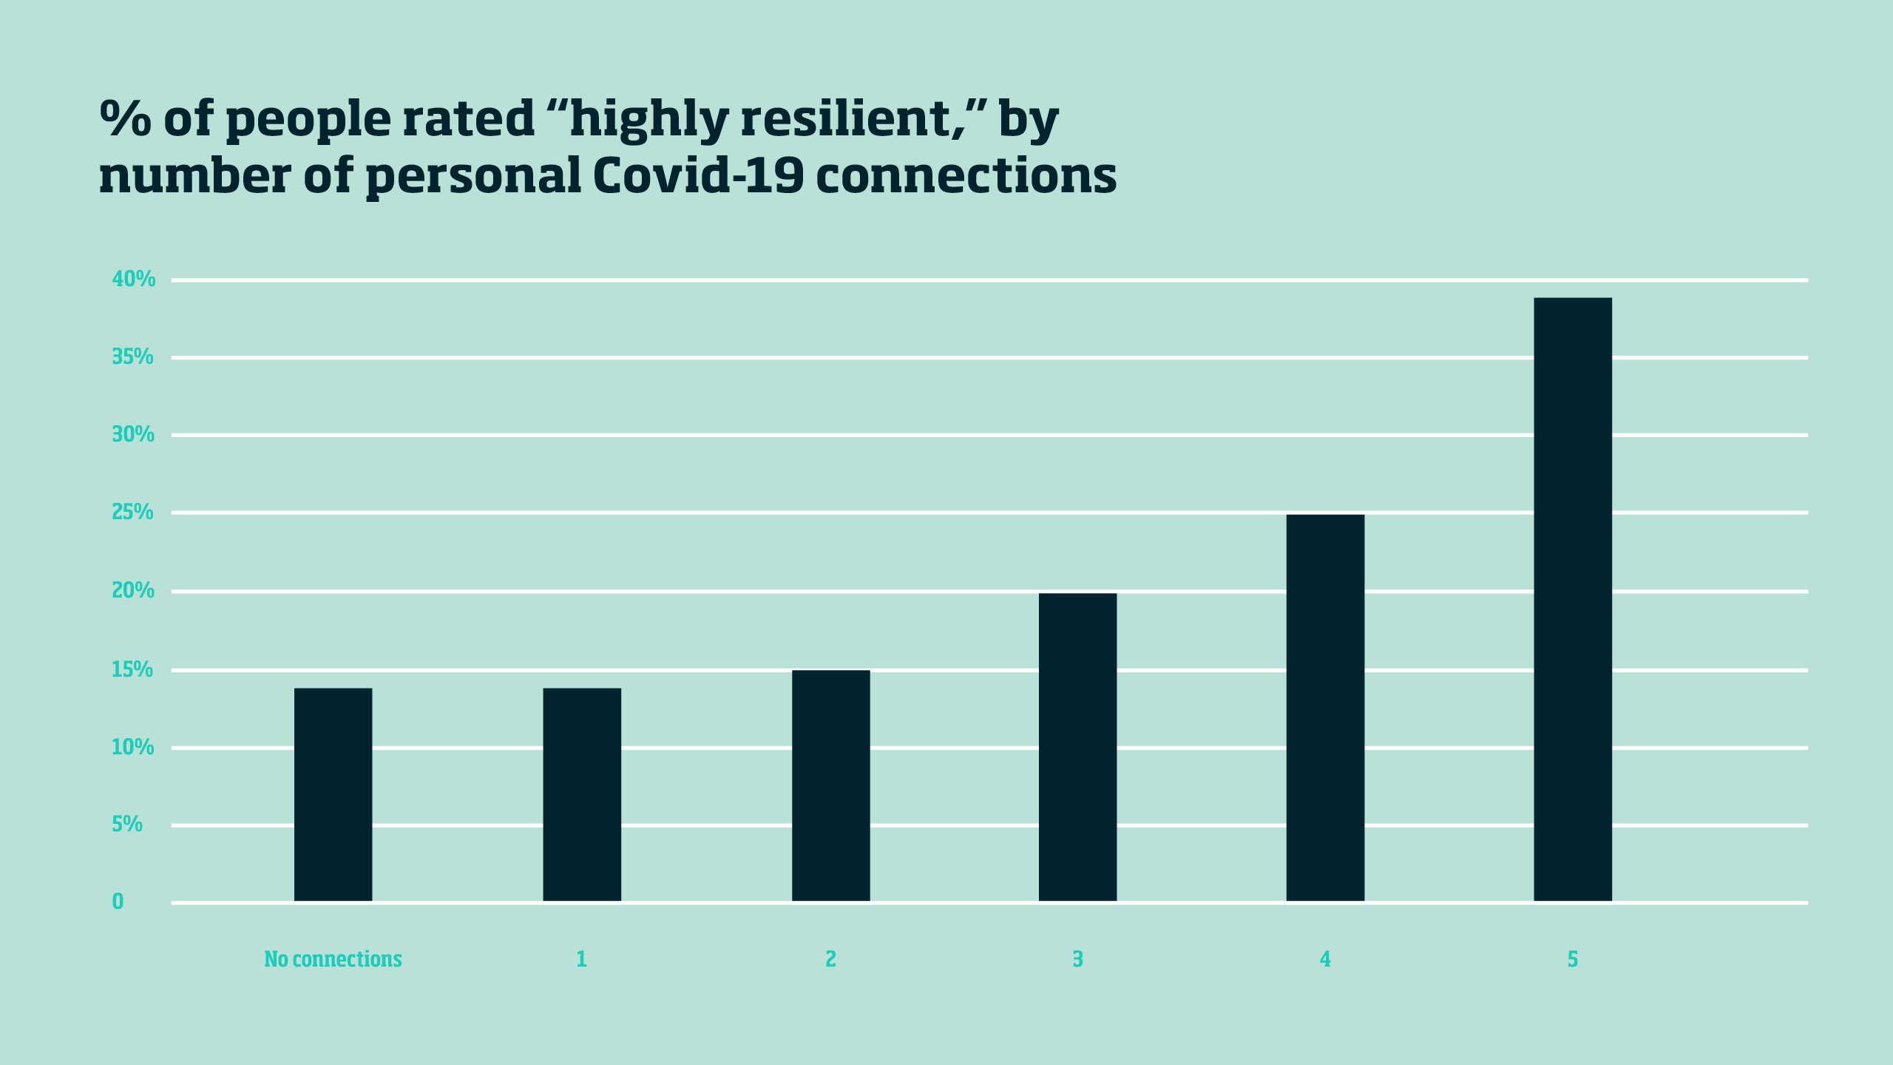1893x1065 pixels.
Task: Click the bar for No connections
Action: click(333, 794)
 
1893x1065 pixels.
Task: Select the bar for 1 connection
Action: click(582, 794)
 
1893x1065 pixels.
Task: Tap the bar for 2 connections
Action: click(830, 785)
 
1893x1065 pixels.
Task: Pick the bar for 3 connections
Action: click(1077, 747)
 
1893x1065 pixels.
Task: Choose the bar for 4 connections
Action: click(1325, 707)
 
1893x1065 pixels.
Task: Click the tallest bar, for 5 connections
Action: click(1573, 599)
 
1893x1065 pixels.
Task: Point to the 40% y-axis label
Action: click(134, 280)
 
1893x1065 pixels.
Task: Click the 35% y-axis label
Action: click(132, 357)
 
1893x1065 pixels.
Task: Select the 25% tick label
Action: click(132, 512)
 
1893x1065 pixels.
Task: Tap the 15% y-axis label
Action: click(132, 670)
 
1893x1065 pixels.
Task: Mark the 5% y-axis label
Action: click(127, 825)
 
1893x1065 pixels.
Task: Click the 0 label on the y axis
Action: click(118, 902)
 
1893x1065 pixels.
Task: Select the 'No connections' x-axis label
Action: click(333, 959)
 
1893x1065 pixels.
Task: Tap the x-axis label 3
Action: click(1077, 959)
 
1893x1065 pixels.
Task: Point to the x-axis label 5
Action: click(1573, 959)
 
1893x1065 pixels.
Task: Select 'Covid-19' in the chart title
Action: click(698, 176)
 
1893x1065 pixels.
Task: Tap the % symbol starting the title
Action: click(125, 118)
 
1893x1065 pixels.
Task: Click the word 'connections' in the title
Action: click(966, 176)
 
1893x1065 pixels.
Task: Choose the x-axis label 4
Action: click(1325, 959)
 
